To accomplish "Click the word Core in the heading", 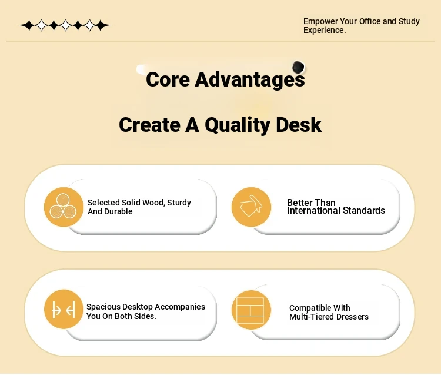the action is (x=168, y=79).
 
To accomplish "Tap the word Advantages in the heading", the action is (x=250, y=80).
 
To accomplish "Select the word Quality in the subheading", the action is (x=238, y=125).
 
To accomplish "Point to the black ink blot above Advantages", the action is (x=298, y=67).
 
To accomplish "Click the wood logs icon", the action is (x=64, y=207).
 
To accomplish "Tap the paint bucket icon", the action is (x=251, y=207).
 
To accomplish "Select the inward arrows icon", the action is (x=64, y=310).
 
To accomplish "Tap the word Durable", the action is (x=118, y=211).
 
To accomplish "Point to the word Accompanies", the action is (x=180, y=307).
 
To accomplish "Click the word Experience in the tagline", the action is (x=325, y=31).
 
